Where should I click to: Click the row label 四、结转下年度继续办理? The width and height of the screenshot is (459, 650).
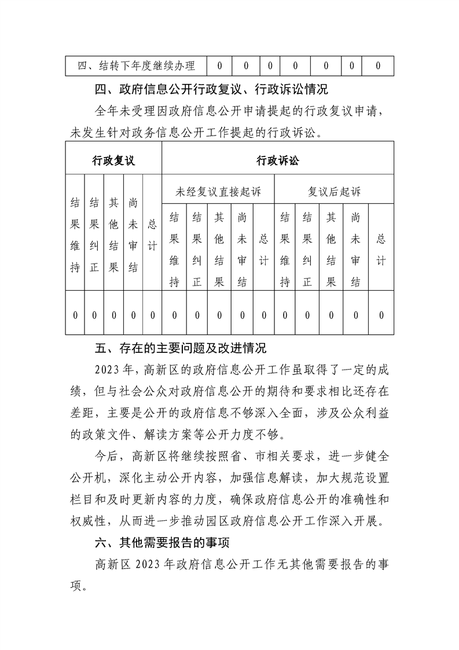[x=137, y=65]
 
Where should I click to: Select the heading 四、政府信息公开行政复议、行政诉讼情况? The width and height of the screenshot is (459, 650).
[x=211, y=90]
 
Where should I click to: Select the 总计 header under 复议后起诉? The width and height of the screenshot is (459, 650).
[x=381, y=250]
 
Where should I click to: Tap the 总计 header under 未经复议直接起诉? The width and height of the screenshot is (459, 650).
[x=263, y=250]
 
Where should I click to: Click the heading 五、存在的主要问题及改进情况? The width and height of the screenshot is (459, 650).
[x=181, y=349]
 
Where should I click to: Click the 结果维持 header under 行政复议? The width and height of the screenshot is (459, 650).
[x=75, y=235]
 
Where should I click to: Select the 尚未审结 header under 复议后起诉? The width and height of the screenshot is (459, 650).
[x=356, y=250]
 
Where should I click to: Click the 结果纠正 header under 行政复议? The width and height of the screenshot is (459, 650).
[x=94, y=235]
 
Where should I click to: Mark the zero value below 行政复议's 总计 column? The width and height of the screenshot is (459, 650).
[x=152, y=315]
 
